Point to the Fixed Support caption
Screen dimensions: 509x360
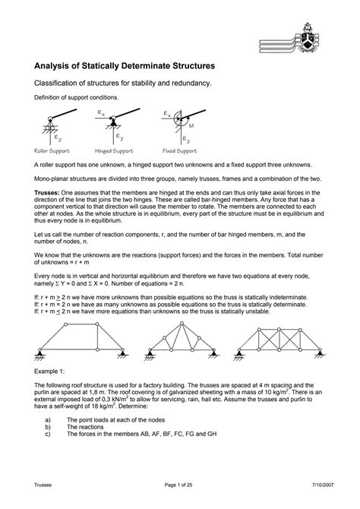[x=180, y=150]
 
